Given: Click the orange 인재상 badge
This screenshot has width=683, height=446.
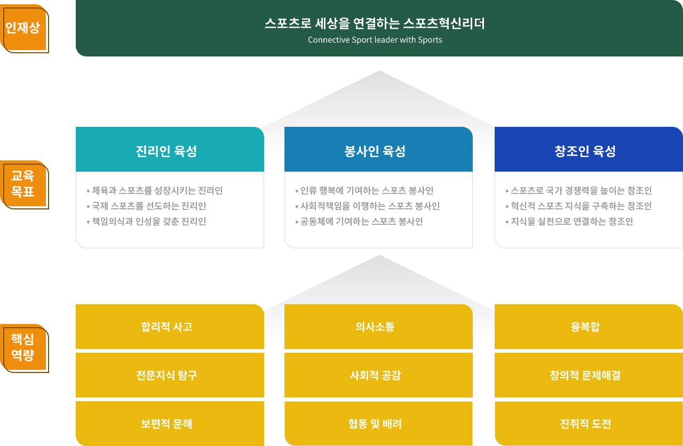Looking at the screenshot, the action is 24,28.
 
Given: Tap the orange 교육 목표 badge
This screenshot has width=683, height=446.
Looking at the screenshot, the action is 24,184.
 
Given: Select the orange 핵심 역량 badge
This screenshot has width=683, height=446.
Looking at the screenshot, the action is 24,348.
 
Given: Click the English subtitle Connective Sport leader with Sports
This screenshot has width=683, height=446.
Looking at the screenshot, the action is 375,40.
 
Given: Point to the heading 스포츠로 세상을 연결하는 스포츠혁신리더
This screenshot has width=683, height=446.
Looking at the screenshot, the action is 375,23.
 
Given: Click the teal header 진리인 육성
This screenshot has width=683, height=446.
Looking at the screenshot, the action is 170,149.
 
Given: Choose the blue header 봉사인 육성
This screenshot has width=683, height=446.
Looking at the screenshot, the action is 378,149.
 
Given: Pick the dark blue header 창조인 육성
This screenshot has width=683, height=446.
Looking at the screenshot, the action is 589,149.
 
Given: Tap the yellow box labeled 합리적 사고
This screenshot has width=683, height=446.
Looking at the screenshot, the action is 170,326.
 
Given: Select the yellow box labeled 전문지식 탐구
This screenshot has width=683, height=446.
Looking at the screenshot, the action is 170,375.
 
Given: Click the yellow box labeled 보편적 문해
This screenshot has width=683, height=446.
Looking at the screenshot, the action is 170,424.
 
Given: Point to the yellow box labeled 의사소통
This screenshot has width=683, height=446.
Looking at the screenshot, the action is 378,326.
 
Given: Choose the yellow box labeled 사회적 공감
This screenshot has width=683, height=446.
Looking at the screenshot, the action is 378,375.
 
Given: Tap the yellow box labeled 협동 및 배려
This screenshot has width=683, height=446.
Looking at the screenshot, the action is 378,424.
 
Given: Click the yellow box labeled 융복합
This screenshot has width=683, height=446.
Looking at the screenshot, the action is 589,326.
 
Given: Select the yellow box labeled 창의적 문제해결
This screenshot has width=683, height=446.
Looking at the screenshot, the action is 589,375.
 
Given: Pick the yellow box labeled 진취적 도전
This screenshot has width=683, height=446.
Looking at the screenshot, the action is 589,424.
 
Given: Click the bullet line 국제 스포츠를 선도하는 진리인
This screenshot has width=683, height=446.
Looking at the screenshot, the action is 146,206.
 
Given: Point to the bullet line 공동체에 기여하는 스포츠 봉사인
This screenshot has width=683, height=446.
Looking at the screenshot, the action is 359,222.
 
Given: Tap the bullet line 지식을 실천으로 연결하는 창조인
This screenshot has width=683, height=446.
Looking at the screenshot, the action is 569,222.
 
